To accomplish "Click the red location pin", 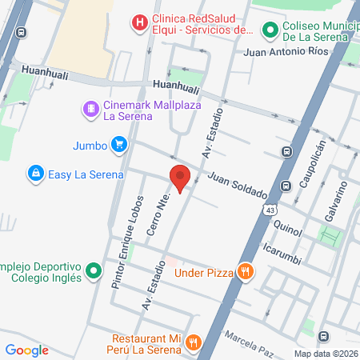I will point(180,178).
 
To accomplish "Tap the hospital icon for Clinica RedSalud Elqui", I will point(140,22).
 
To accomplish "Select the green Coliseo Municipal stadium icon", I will point(270,30).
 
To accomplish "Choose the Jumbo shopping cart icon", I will point(119,145).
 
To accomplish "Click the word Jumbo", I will point(90,145).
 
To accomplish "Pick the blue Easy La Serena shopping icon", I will point(35,173).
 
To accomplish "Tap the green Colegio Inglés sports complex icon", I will point(94,271).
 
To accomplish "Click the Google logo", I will point(26,350).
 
